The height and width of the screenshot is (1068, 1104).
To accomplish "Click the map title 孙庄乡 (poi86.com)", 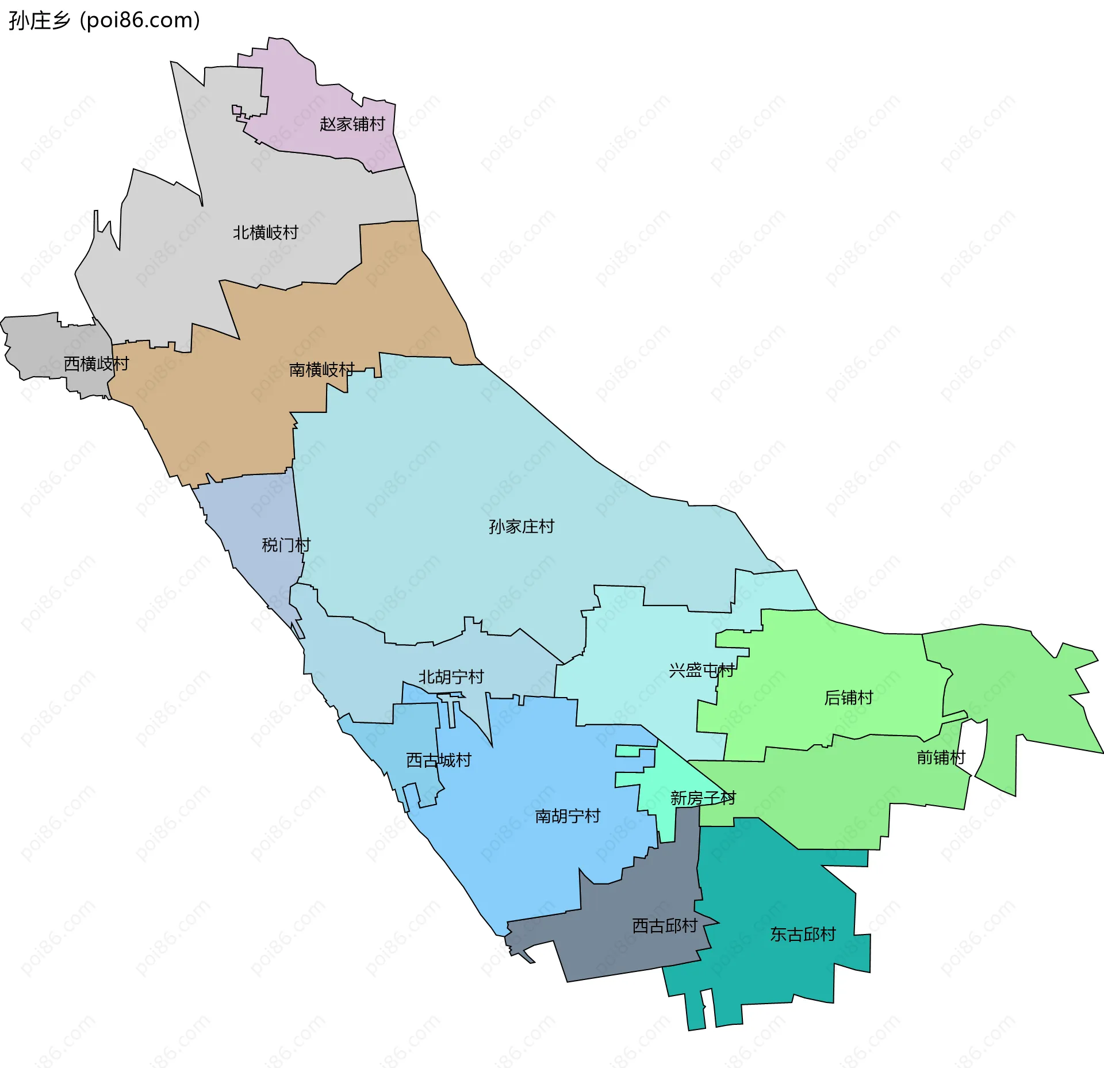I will coord(104,21).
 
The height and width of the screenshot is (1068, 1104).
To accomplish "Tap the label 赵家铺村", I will coord(352,124).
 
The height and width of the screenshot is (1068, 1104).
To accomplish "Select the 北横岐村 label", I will coord(265,233).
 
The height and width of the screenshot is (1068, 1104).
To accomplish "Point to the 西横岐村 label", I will coord(96,364).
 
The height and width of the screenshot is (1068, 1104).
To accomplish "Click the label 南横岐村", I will coord(321,370).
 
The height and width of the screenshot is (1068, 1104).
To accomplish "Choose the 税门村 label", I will coord(286,545).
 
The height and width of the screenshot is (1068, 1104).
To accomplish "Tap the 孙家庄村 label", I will coord(521,527).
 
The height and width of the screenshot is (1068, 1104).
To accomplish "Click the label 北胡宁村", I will coord(451,677).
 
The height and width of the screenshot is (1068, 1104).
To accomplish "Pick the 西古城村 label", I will coord(438,760).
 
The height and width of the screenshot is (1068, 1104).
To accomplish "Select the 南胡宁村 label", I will coord(567,816).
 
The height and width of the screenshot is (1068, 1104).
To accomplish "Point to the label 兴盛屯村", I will coord(701,670).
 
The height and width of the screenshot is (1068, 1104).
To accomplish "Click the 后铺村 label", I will coord(848,698).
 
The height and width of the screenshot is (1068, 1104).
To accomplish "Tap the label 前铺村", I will coord(941,757).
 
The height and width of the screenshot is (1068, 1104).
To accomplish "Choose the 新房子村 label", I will coord(703,798).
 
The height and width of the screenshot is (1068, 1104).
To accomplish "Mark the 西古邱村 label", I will coord(665,925).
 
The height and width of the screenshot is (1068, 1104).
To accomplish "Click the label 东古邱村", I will coord(803,934).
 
